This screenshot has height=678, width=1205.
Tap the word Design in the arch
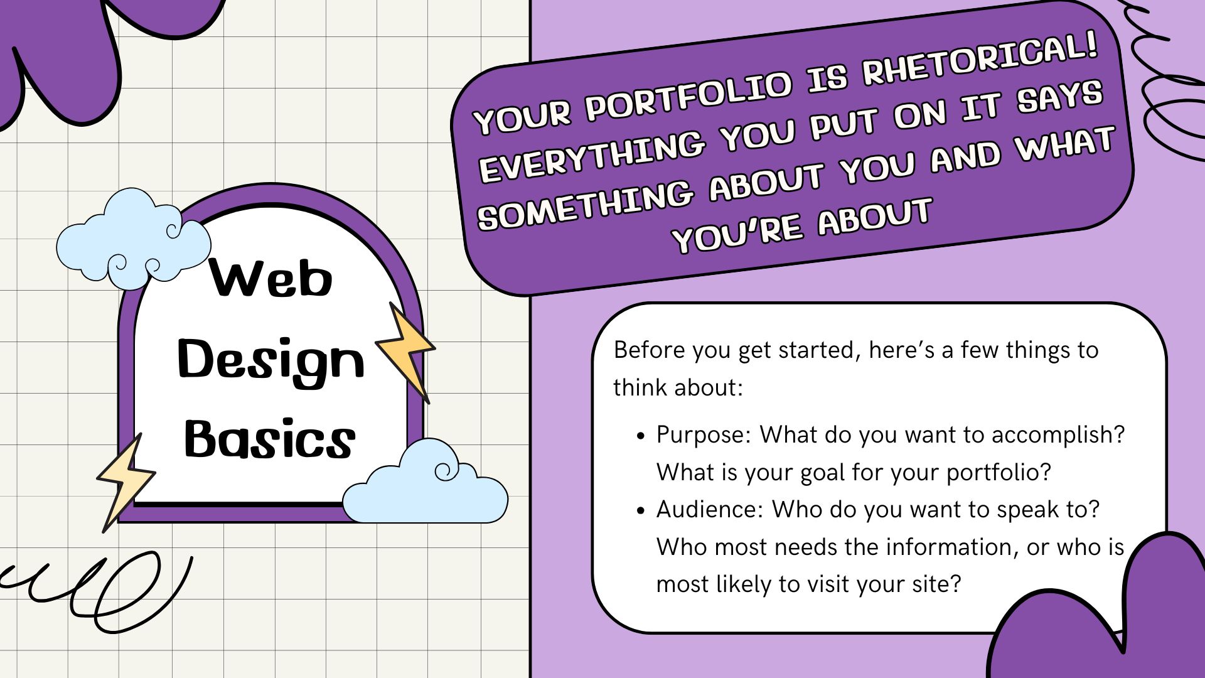click(271, 362)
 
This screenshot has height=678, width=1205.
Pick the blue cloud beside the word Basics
click(426, 482)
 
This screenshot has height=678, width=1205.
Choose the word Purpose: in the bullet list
click(704, 435)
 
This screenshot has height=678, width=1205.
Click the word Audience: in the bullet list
click(710, 509)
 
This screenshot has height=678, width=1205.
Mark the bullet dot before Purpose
click(640, 436)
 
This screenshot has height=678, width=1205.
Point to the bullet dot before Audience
click(640, 510)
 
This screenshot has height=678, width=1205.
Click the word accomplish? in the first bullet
click(1058, 435)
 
